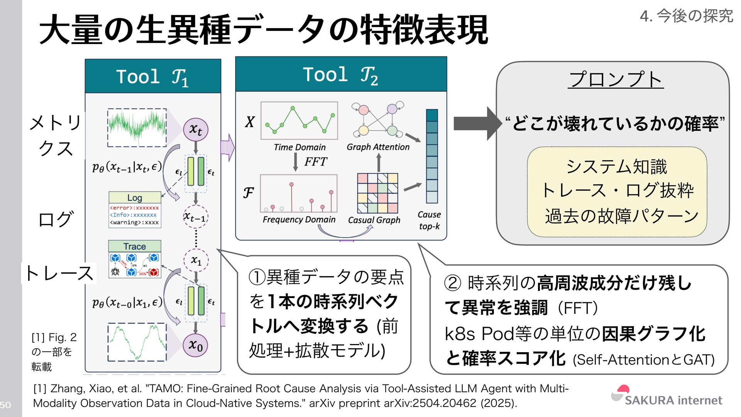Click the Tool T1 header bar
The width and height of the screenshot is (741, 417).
click(153, 76)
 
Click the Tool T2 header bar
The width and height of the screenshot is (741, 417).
click(341, 75)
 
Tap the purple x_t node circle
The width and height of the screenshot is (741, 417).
click(196, 130)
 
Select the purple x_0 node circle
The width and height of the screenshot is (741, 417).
click(196, 345)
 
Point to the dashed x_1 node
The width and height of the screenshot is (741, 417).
click(196, 260)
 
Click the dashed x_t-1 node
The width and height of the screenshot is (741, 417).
click(196, 217)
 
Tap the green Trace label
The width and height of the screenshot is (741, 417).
click(135, 246)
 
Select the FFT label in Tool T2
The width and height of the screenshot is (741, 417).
click(315, 161)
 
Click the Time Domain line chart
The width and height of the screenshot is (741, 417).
click(299, 120)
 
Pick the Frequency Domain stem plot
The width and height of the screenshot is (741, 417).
click(298, 193)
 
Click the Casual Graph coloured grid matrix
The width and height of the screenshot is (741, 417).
click(377, 193)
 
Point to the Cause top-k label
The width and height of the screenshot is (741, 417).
click(429, 220)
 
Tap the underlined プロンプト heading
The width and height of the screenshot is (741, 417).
click(616, 80)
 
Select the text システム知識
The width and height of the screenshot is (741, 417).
click(616, 167)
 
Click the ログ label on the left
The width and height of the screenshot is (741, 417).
click(55, 219)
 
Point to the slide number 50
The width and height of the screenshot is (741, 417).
click(5, 405)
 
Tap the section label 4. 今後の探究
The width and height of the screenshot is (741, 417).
click(686, 16)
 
